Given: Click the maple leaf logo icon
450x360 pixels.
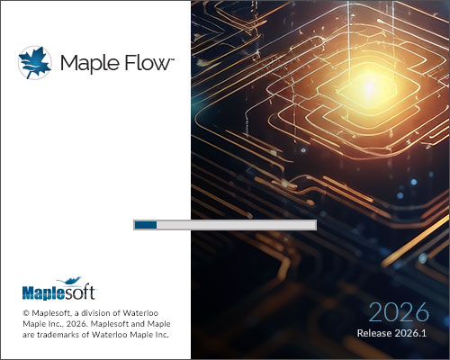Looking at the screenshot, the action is click(34, 62).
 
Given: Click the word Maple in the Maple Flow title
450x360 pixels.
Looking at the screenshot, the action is click(89, 64).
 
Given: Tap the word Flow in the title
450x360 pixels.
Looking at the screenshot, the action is click(147, 63).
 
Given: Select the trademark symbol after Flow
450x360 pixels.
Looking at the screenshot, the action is click(172, 59).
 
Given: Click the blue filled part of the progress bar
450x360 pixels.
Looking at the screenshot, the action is click(146, 225).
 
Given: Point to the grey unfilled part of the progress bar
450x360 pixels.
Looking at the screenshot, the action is click(236, 225).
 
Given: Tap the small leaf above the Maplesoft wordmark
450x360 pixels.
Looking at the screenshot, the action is click(69, 281).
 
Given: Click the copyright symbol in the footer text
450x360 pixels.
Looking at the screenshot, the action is click(26, 313).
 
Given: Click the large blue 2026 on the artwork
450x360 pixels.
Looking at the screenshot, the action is click(399, 312).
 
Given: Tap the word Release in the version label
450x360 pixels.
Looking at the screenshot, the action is click(374, 333).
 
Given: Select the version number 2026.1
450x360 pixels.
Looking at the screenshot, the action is click(410, 333).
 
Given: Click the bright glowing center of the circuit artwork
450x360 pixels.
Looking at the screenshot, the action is click(368, 87).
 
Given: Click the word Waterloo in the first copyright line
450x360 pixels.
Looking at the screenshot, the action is click(140, 313).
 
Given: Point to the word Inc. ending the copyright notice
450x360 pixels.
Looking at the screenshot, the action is click(162, 335).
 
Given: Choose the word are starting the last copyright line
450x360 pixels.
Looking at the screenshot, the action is click(29, 335).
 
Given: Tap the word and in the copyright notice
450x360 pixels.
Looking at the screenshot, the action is click(138, 324).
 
